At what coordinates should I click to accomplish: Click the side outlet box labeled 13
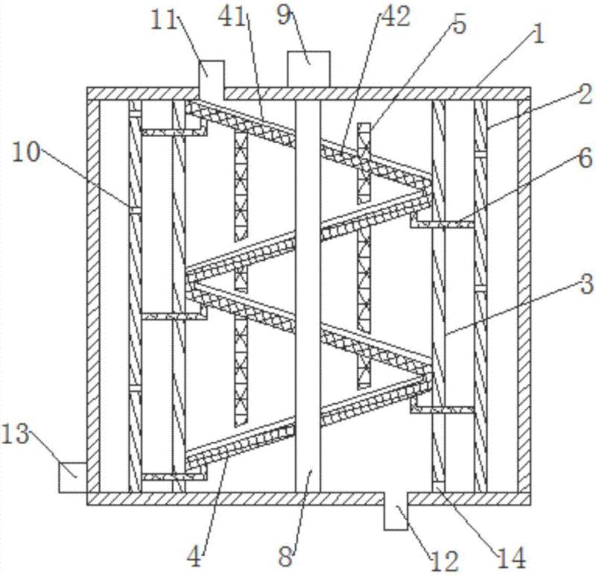tap(73, 475)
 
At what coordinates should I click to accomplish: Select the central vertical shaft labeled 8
tap(308, 298)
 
